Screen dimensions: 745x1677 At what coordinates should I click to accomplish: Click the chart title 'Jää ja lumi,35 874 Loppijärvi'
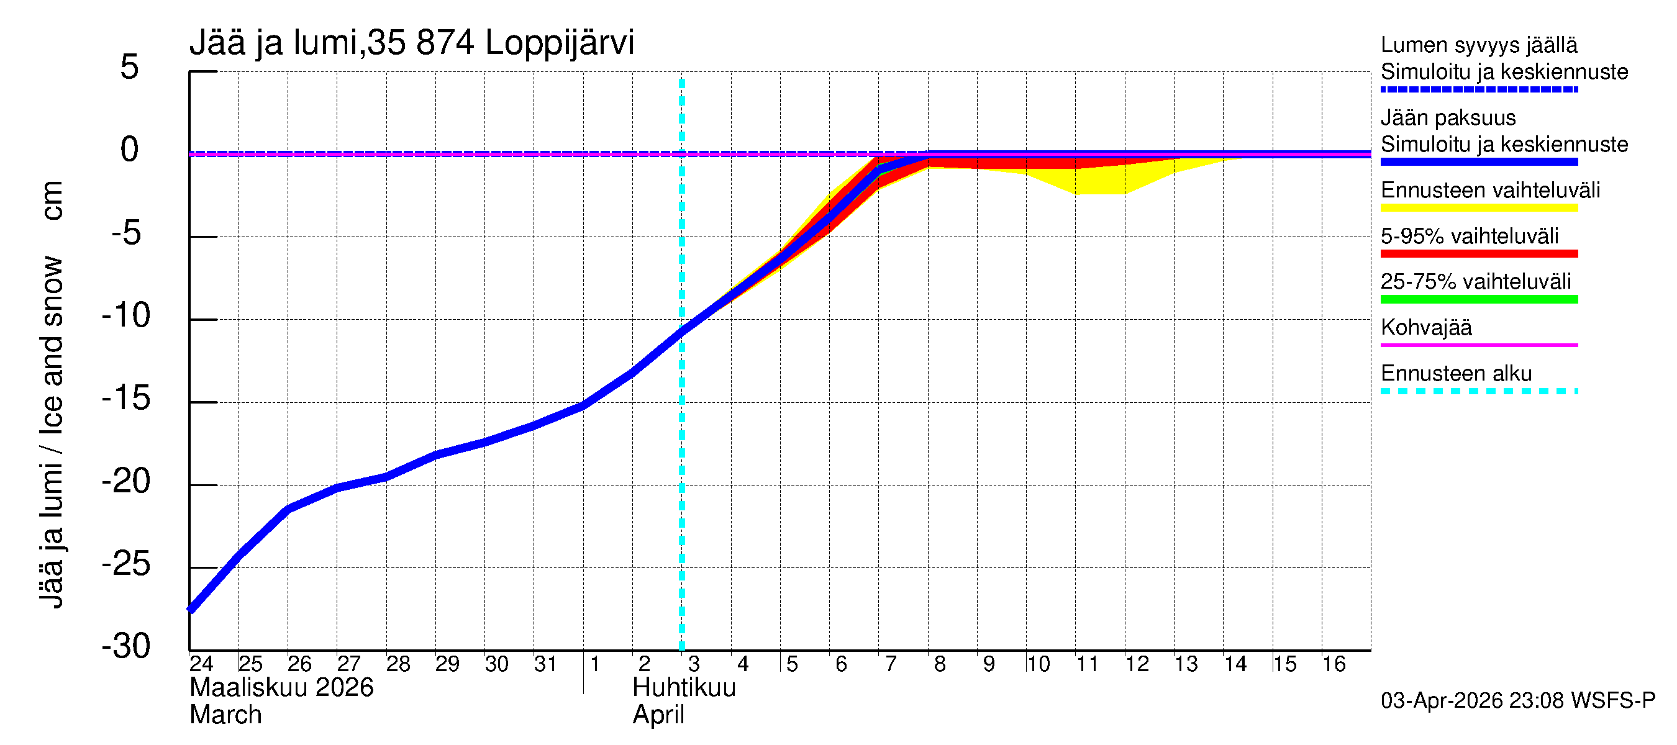pos(411,43)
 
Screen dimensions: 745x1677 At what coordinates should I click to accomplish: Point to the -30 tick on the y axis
pos(126,647)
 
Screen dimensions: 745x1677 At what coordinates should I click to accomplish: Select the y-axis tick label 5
pos(130,67)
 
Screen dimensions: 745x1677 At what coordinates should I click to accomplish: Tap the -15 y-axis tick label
pos(126,398)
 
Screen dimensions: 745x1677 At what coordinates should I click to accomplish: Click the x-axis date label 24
pos(201,664)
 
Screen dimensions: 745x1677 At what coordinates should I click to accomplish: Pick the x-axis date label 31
pos(545,664)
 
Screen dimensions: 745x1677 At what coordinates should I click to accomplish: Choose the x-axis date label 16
pos(1334,664)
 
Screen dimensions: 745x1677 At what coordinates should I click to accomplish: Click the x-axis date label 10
pos(1038,664)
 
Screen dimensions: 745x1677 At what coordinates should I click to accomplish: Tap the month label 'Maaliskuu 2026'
pos(281,688)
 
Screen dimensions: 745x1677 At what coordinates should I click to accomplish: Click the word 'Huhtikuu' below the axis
pos(684,688)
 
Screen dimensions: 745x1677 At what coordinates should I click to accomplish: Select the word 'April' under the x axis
pos(658,715)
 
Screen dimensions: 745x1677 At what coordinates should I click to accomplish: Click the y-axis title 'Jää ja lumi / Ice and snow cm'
pos(52,394)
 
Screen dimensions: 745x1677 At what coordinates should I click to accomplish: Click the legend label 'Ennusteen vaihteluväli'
pos(1490,191)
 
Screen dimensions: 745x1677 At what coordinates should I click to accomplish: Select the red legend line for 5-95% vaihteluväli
pos(1478,254)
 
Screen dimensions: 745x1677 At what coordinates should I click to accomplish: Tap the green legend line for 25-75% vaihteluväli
pos(1478,299)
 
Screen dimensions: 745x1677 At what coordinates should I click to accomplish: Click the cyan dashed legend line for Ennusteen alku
pos(1478,392)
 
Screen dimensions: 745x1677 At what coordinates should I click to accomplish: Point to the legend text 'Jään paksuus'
pos(1448,118)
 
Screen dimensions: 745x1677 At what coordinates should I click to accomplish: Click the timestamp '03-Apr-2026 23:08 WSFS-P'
pos(1517,701)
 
